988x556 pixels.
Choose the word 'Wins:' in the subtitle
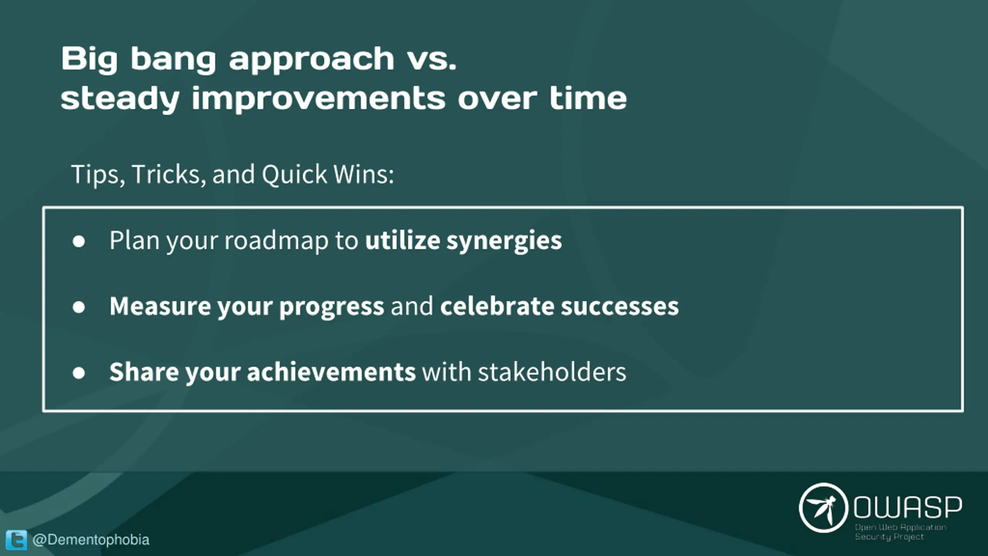point(363,174)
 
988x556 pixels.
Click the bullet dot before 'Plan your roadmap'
point(79,241)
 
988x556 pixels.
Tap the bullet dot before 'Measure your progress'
point(79,307)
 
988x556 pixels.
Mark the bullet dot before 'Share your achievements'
point(79,373)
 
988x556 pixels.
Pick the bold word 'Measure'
point(160,306)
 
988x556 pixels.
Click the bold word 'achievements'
point(331,372)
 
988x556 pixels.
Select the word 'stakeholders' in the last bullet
point(552,372)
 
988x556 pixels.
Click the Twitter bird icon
point(16,539)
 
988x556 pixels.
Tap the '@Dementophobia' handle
point(91,540)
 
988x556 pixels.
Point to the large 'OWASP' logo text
point(907,507)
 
